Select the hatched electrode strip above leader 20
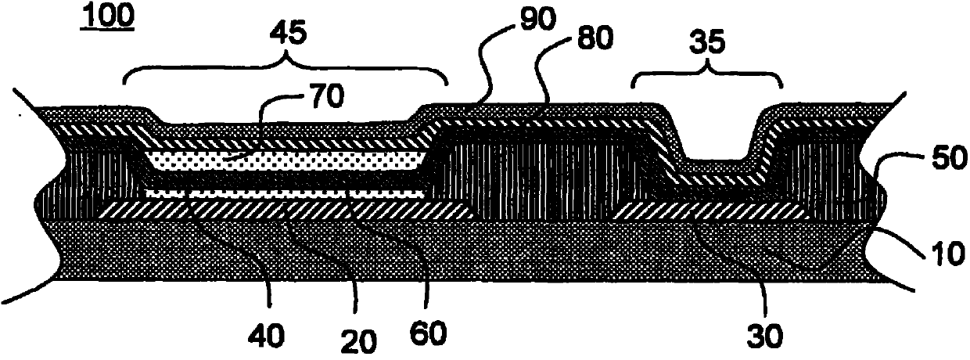tap(282, 209)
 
